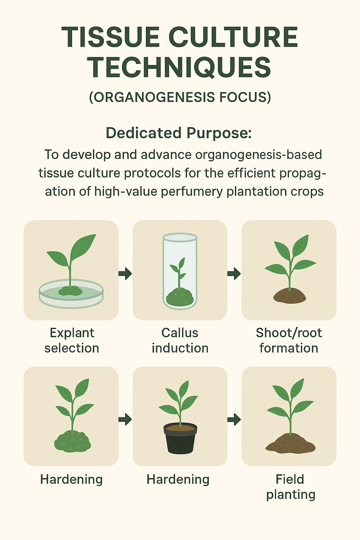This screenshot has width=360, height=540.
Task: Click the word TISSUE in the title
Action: tap(110, 37)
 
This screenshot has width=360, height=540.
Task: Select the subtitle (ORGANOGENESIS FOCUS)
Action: tap(180, 97)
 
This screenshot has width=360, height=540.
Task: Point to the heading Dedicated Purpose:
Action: tap(179, 133)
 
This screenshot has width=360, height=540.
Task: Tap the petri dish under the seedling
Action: tap(71, 294)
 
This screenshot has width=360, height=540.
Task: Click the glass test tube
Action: tap(180, 271)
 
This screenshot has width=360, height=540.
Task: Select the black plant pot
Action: tap(180, 438)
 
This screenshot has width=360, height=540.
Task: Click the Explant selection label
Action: tap(72, 340)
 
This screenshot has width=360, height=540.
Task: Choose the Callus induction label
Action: tap(180, 340)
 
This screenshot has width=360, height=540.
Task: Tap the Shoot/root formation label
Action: tap(289, 340)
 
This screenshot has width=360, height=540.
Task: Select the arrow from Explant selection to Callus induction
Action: tap(125, 274)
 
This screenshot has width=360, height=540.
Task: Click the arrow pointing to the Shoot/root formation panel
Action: tap(234, 274)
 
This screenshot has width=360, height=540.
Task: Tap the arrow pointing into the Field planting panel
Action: tap(234, 420)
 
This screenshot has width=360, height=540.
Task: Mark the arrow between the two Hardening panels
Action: tap(125, 420)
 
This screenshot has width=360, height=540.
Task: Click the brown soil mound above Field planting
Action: tap(290, 444)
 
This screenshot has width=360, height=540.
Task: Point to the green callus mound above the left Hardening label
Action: tap(72, 441)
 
